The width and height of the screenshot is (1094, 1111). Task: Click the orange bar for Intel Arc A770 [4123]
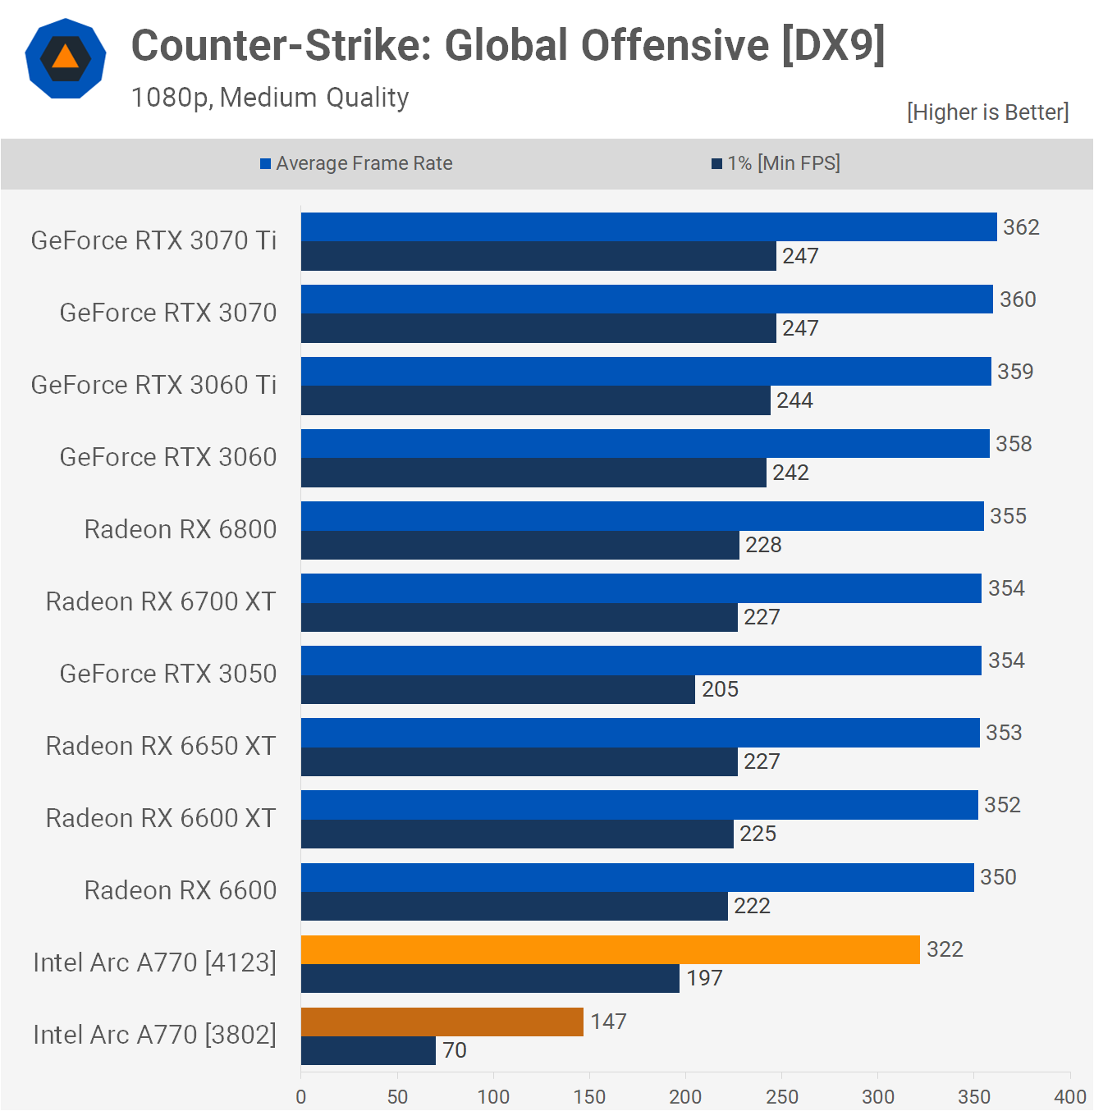pyautogui.click(x=610, y=949)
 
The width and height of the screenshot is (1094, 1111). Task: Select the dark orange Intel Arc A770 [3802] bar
pyautogui.click(x=442, y=1022)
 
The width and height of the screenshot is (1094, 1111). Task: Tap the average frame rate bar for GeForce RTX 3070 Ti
pyautogui.click(x=648, y=226)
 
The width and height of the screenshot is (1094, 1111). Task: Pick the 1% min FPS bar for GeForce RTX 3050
pyautogui.click(x=497, y=689)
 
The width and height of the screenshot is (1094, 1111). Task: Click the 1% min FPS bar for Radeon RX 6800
pyautogui.click(x=520, y=545)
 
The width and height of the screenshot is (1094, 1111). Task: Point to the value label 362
pyautogui.click(x=1021, y=227)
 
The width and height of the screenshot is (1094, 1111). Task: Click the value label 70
pyautogui.click(x=454, y=1050)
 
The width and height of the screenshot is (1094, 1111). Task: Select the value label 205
pyautogui.click(x=720, y=689)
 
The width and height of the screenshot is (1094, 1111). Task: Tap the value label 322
pyautogui.click(x=945, y=949)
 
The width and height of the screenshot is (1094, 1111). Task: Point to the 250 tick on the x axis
pyautogui.click(x=781, y=1096)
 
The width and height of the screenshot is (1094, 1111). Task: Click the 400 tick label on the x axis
pyautogui.click(x=1069, y=1096)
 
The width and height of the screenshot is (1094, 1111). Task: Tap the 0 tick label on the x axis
pyautogui.click(x=301, y=1096)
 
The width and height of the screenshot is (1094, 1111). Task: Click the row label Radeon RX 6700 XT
pyautogui.click(x=161, y=601)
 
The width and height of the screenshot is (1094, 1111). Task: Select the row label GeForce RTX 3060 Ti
pyautogui.click(x=153, y=385)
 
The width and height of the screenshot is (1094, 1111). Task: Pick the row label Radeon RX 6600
pyautogui.click(x=181, y=890)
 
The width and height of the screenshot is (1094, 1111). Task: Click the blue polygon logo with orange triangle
pyautogui.click(x=66, y=58)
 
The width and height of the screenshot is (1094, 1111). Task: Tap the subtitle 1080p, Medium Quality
pyautogui.click(x=270, y=98)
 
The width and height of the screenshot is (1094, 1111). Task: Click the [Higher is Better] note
pyautogui.click(x=987, y=112)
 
